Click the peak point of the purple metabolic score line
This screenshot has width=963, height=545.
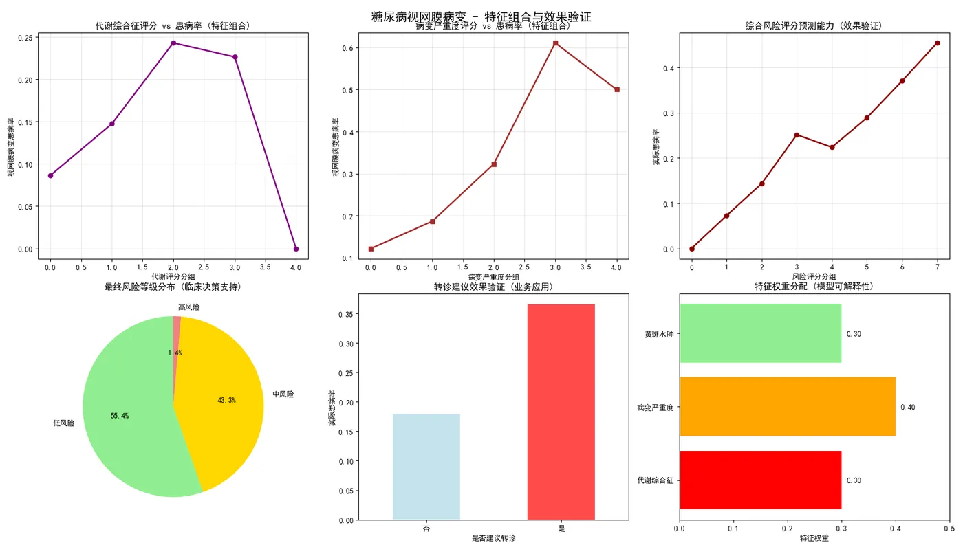(x=173, y=43)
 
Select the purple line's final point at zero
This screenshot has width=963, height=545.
(x=296, y=249)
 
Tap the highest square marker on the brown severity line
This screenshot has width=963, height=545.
(x=555, y=43)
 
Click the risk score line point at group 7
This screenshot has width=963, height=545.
(x=937, y=43)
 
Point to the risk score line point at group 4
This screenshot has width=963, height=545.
(x=832, y=147)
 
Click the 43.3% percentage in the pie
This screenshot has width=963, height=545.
(x=226, y=400)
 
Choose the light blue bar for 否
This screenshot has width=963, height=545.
(x=426, y=467)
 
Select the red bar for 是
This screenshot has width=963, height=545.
(x=561, y=412)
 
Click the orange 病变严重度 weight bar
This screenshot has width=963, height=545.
(x=787, y=407)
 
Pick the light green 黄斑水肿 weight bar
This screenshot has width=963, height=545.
(x=760, y=333)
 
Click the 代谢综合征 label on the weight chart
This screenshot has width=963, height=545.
(x=655, y=480)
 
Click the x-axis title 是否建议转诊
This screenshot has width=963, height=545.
(x=493, y=538)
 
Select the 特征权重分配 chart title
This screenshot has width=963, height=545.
(x=814, y=286)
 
